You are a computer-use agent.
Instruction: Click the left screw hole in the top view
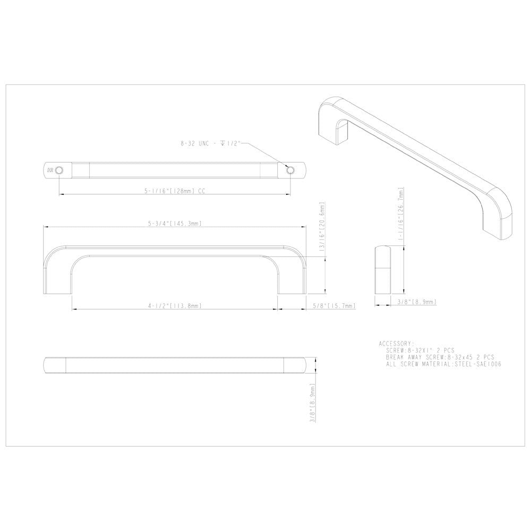59,170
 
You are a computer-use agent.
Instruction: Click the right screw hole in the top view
290,170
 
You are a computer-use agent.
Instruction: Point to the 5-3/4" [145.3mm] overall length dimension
175,224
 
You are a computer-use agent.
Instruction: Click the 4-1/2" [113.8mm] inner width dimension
174,306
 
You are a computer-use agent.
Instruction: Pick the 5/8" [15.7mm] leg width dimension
333,306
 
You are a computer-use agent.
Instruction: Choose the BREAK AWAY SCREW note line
441,357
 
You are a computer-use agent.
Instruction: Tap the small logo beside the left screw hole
50,170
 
